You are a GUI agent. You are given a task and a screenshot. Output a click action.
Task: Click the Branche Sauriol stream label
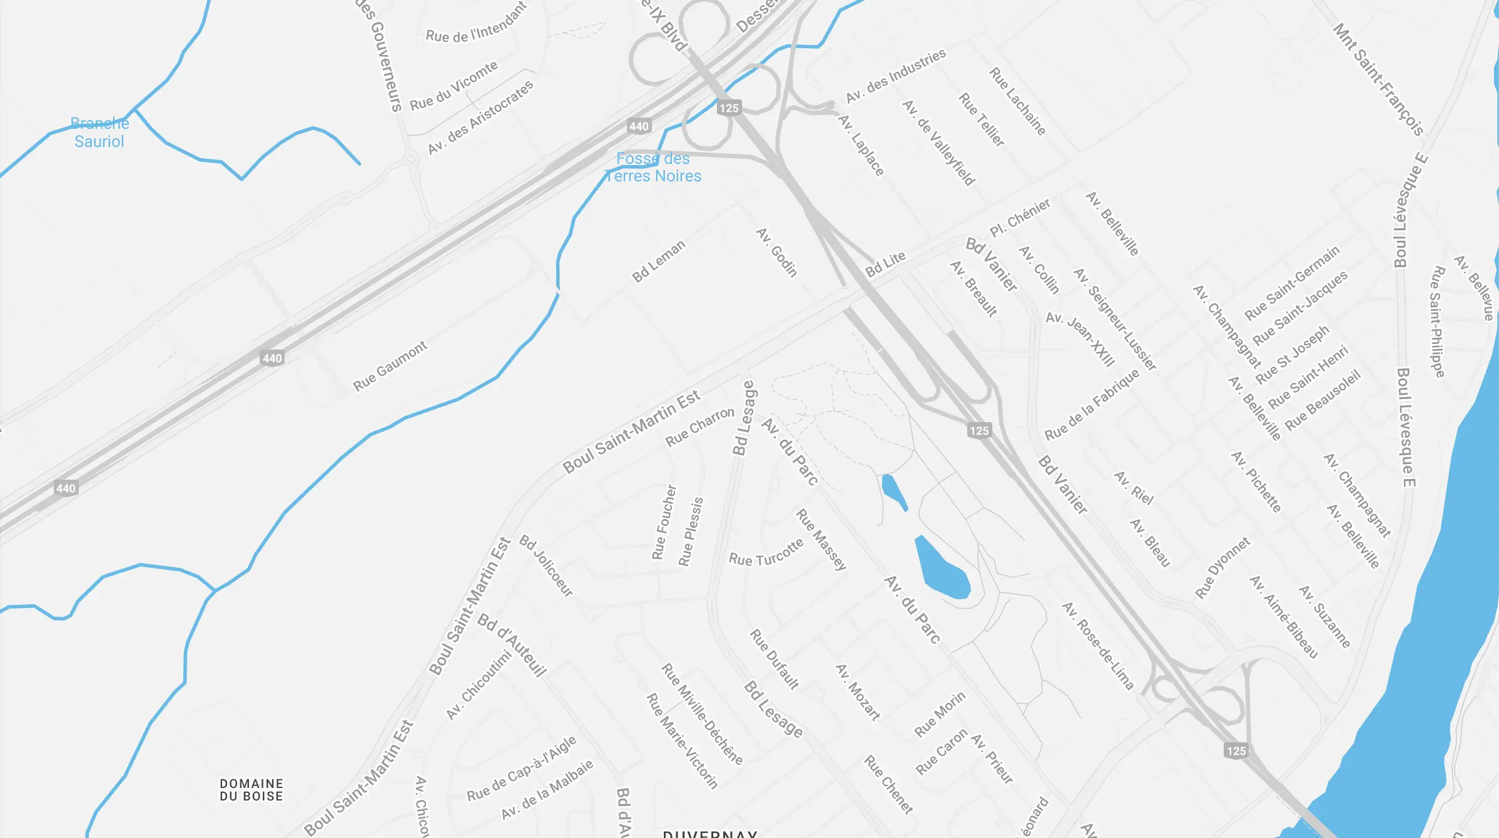pyautogui.click(x=99, y=133)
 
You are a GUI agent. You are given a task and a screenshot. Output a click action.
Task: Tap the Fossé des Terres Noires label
pyautogui.click(x=653, y=168)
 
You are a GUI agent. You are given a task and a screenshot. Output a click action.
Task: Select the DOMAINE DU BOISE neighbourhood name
pyautogui.click(x=251, y=790)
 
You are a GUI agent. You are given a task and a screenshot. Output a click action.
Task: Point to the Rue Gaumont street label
pyautogui.click(x=390, y=366)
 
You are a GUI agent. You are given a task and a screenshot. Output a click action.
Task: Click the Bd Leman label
pyautogui.click(x=658, y=261)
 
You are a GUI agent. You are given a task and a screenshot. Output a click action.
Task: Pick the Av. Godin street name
pyautogui.click(x=776, y=252)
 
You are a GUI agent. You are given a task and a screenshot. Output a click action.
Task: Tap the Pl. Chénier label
pyautogui.click(x=1019, y=218)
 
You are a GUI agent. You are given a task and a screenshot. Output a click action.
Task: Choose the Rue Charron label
pyautogui.click(x=699, y=427)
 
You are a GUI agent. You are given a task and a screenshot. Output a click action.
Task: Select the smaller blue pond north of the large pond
pyautogui.click(x=893, y=491)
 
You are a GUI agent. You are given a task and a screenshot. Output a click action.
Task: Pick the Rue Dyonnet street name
pyautogui.click(x=1222, y=568)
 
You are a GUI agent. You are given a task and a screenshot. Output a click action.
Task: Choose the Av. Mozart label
pyautogui.click(x=858, y=692)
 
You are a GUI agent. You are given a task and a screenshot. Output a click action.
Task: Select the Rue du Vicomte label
pyautogui.click(x=454, y=86)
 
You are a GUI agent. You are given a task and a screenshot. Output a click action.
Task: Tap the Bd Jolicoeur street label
pyautogui.click(x=546, y=566)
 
